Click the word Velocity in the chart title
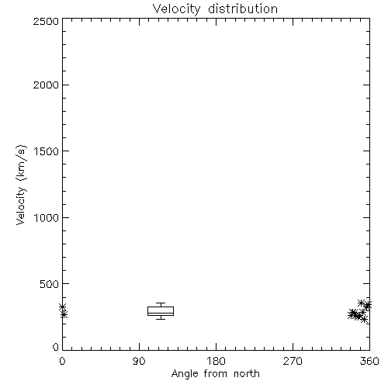pyautogui.click(x=176, y=9)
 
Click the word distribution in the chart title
pyautogui.click(x=243, y=9)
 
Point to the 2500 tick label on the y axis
pyautogui.click(x=46, y=21)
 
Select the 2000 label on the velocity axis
pyautogui.click(x=46, y=85)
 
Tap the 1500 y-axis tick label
pyautogui.click(x=47, y=151)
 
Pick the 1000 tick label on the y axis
pyautogui.click(x=47, y=217)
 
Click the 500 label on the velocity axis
pyautogui.click(x=50, y=284)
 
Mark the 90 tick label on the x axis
pyautogui.click(x=139, y=361)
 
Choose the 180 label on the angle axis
pyautogui.click(x=216, y=361)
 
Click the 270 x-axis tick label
pyautogui.click(x=293, y=361)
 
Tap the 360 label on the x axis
pyautogui.click(x=369, y=361)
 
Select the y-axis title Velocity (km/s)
pyautogui.click(x=21, y=185)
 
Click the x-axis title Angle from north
pyautogui.click(x=216, y=374)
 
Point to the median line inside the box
pyautogui.click(x=161, y=313)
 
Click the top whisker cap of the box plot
pyautogui.click(x=161, y=303)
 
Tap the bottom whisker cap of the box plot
pyautogui.click(x=161, y=319)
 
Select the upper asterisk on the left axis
pyautogui.click(x=63, y=307)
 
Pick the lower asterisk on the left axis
pyautogui.click(x=64, y=314)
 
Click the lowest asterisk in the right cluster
pyautogui.click(x=364, y=319)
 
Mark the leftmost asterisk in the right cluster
pyautogui.click(x=352, y=315)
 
